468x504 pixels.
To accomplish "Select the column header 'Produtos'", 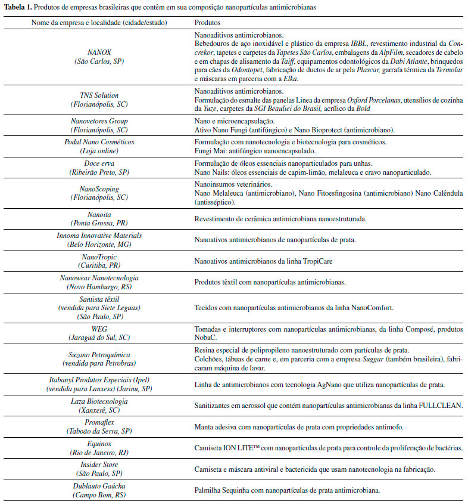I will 208,22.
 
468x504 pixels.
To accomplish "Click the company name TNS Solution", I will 99,95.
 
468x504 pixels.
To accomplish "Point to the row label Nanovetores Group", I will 99,121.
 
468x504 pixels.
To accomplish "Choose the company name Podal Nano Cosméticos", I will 99,143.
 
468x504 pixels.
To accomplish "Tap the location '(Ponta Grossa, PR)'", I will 99,223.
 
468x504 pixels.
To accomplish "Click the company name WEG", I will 99,329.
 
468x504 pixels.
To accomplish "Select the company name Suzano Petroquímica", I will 99,354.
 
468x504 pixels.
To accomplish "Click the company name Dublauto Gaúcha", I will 99,487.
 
